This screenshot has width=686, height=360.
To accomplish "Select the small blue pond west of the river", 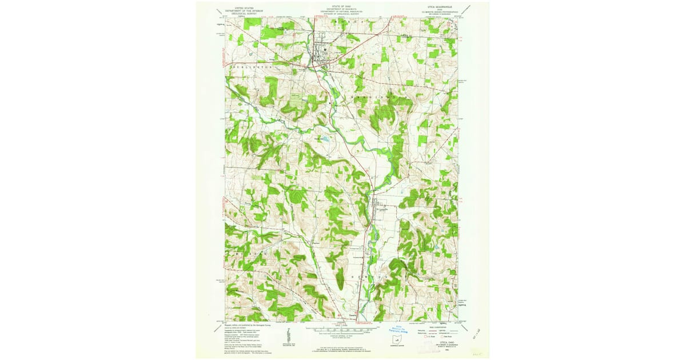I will [x=325, y=138].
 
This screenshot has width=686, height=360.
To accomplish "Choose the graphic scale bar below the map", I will [x=342, y=330].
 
